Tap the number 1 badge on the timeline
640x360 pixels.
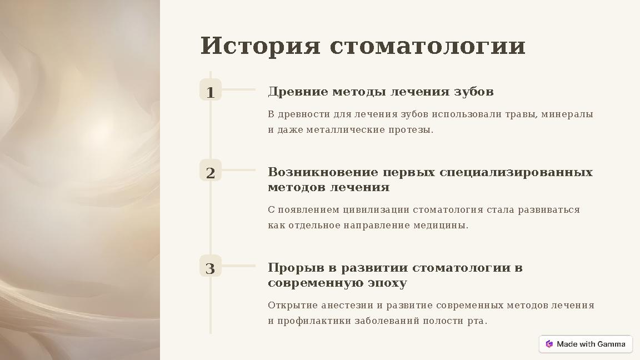[x=210, y=92]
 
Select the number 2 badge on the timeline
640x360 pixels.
[x=210, y=173]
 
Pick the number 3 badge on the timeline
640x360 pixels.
[x=210, y=268]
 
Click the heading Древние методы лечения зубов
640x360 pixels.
[x=381, y=91]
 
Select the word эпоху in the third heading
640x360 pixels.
[x=387, y=283]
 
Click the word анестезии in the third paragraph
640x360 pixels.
[x=347, y=306]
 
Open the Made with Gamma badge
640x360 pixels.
[x=586, y=344]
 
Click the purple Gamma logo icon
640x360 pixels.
[x=549, y=344]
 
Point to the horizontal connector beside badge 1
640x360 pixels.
[x=239, y=89]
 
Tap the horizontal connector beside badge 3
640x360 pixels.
[x=239, y=266]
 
